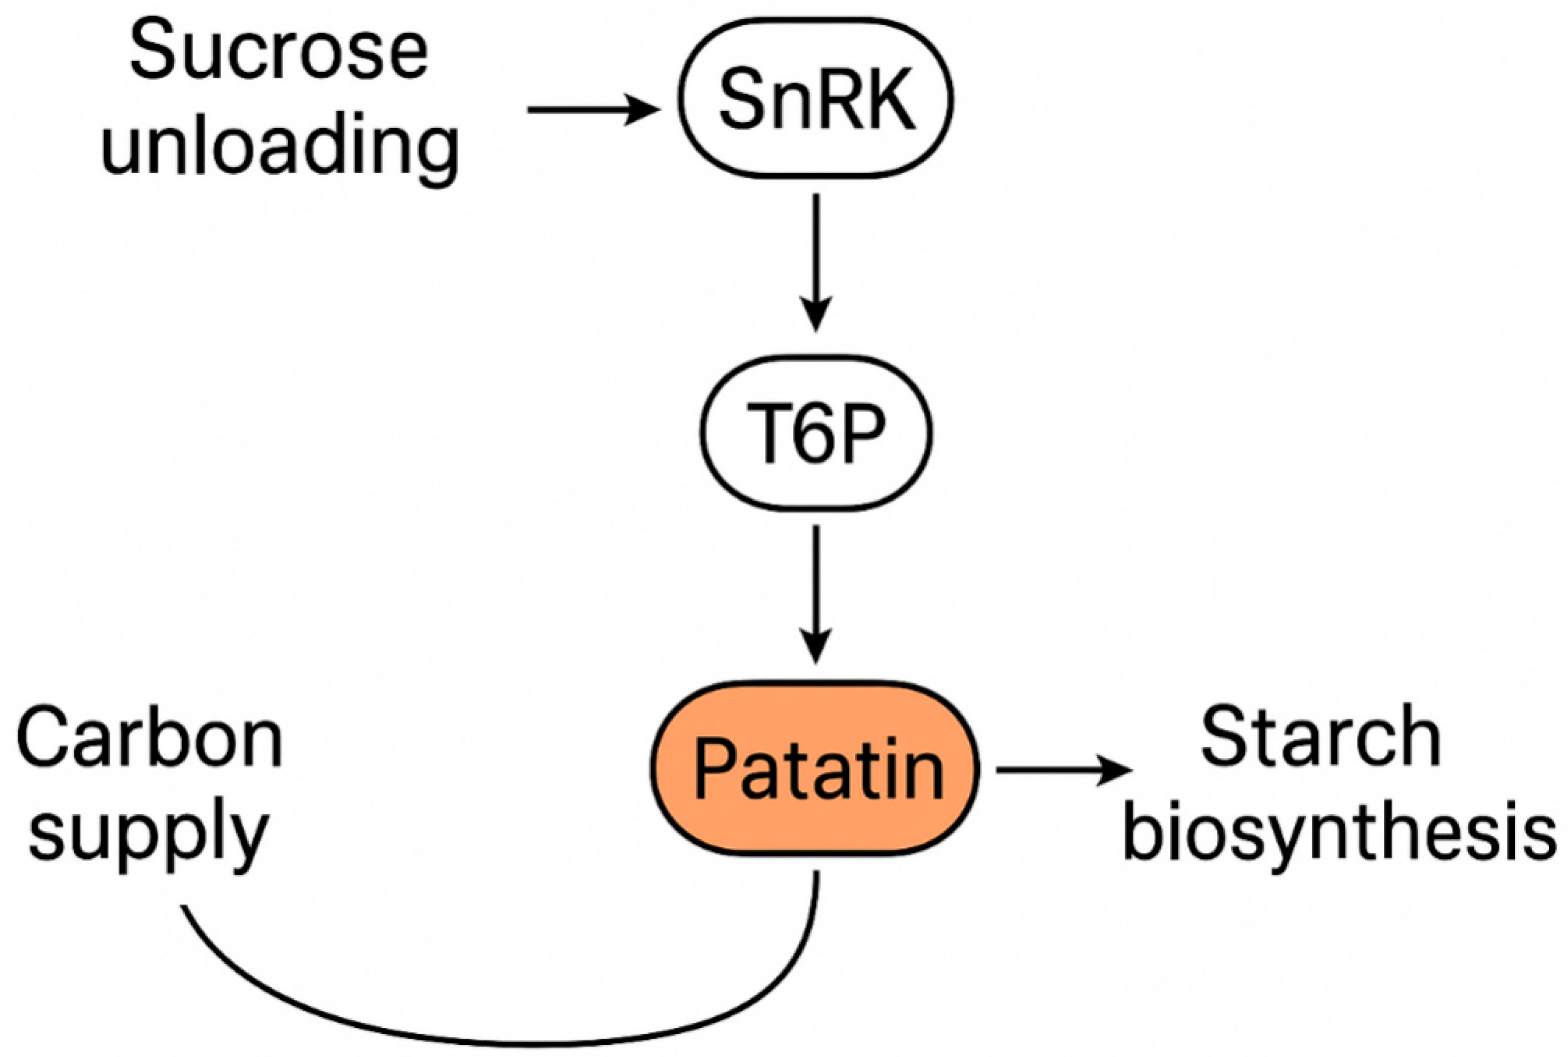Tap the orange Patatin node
point(815,768)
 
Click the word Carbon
point(150,739)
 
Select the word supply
point(150,836)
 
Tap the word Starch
point(1320,739)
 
